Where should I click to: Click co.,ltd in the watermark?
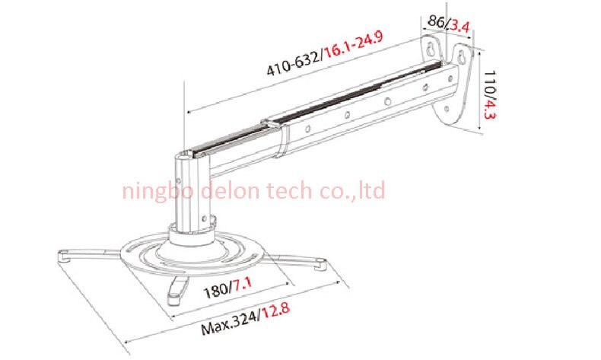pyautogui.click(x=351, y=190)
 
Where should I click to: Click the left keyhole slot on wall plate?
pyautogui.click(x=432, y=49)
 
